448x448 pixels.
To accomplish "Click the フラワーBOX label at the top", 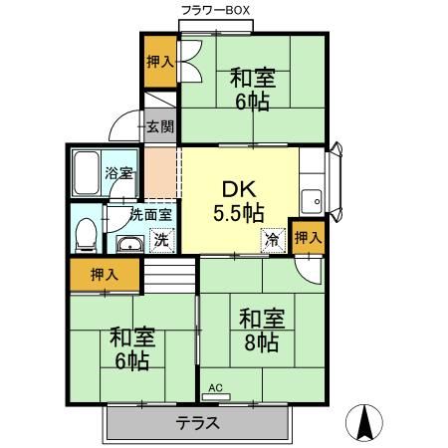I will point(216,10).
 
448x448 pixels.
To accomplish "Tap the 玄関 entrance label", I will point(159,126).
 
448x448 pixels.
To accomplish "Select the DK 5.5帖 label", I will point(239,199).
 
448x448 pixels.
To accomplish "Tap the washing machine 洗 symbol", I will point(158,239).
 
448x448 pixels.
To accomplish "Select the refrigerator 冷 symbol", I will point(271,239).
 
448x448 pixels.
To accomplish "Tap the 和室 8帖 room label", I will point(262,331).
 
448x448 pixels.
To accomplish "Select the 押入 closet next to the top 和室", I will point(160,62).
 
